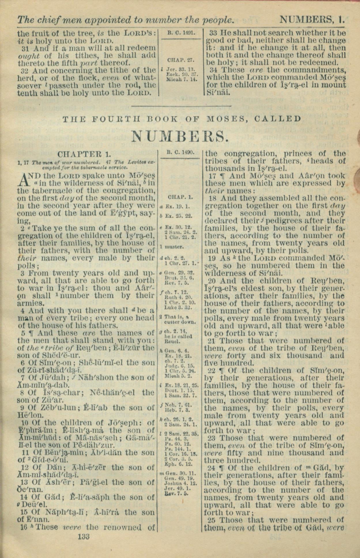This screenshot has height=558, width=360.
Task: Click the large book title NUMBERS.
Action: point(180,136)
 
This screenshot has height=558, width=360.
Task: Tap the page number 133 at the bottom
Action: point(84,536)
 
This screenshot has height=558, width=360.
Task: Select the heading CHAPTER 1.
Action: point(84,153)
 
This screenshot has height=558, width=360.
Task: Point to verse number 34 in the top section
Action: point(213,70)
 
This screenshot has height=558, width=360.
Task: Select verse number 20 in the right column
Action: point(212,281)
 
